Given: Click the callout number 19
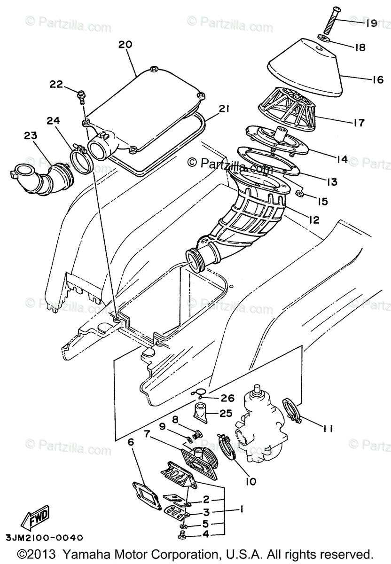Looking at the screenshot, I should pos(371,23).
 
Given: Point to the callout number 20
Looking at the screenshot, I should pos(125,45).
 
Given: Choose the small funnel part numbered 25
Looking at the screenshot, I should pos(202,409).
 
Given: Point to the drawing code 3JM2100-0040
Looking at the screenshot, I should pos(45,537).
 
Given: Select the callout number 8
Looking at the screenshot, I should pos(174,418).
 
